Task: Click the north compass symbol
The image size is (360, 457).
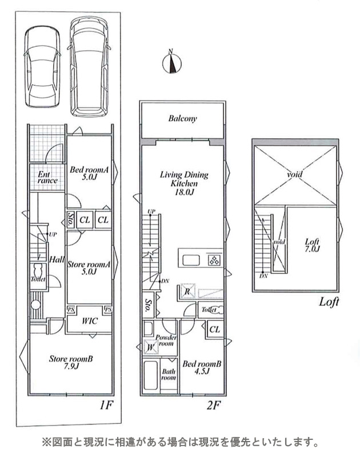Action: (x=172, y=62)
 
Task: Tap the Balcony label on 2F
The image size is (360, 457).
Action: (x=182, y=118)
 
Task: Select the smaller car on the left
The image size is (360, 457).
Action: (x=42, y=67)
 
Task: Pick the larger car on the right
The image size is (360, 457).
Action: (x=89, y=66)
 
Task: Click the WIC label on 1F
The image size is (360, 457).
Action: (x=90, y=321)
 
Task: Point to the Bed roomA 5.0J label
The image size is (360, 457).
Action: (x=89, y=173)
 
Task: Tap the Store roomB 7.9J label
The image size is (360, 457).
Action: (x=71, y=362)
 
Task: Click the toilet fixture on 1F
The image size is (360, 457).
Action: (x=38, y=269)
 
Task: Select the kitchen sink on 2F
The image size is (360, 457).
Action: (x=191, y=260)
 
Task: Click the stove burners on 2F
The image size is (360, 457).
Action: (x=215, y=260)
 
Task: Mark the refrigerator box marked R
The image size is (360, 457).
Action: (x=188, y=291)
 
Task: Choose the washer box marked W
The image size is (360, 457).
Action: (x=150, y=347)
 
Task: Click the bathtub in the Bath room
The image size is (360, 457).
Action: (x=151, y=375)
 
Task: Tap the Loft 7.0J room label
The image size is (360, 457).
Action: (x=312, y=245)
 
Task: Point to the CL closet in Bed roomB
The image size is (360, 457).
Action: (x=214, y=330)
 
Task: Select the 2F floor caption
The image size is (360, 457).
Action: (x=214, y=406)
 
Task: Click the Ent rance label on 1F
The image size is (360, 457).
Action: (x=47, y=178)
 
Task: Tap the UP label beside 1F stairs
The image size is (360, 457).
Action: (x=53, y=234)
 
